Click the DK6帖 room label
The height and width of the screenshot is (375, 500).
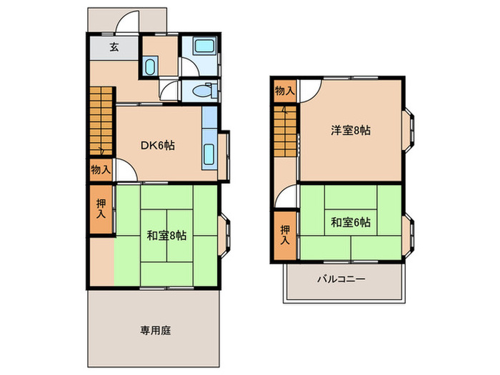tap(157, 146)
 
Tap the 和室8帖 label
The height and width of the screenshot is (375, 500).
tap(167, 235)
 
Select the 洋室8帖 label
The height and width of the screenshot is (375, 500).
tap(350, 131)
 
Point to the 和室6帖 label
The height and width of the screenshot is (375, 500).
tap(350, 222)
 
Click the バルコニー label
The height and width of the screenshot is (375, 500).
tap(341, 279)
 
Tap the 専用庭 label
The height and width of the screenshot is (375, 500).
tap(155, 331)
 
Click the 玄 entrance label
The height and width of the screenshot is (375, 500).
tap(114, 48)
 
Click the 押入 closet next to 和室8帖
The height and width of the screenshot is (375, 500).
tap(101, 209)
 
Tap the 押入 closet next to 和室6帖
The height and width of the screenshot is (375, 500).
tap(285, 235)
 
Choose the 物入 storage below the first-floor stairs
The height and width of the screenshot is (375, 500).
tap(101, 170)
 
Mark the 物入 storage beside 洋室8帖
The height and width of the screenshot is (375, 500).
tap(284, 91)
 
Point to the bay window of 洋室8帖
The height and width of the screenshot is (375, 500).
tap(411, 131)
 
